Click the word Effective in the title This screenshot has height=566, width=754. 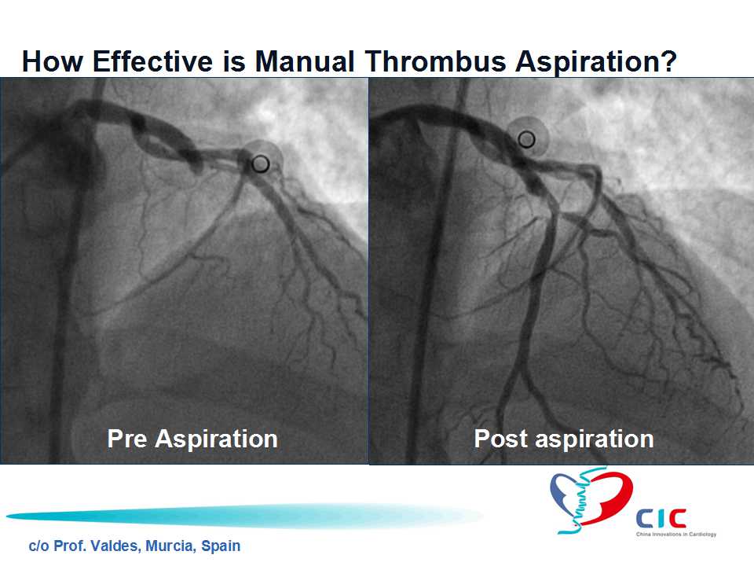click(152, 61)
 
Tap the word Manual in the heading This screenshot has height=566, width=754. click(305, 61)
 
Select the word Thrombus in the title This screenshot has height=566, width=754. click(435, 61)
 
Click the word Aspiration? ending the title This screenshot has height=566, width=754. click(596, 63)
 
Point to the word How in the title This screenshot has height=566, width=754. click(53, 61)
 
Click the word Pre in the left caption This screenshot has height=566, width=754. click(127, 439)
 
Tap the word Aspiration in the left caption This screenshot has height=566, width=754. click(217, 439)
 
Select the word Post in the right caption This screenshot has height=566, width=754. click(501, 439)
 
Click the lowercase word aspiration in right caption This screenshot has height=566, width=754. click(595, 440)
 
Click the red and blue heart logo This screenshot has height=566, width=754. click(591, 501)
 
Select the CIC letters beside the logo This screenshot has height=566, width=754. click(661, 519)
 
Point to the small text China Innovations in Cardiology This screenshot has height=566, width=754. click(676, 535)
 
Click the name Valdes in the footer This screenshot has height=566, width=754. click(117, 546)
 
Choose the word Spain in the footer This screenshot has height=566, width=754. click(221, 547)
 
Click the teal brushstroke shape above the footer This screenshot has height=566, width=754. click(244, 516)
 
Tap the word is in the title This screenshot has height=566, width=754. click(234, 61)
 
